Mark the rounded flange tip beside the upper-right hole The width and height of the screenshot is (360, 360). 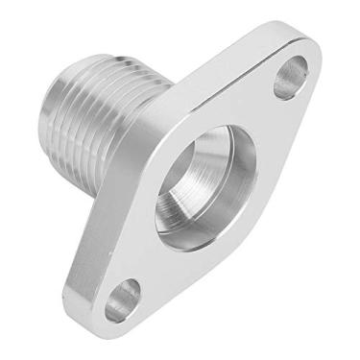312,58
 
